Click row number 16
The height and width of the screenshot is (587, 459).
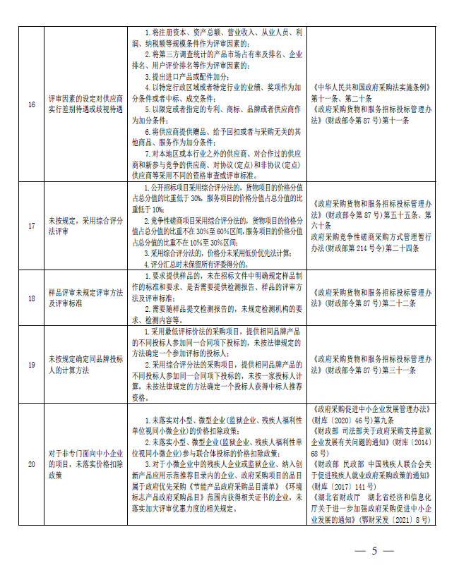coord(31,105)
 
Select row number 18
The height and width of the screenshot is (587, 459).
coord(31,298)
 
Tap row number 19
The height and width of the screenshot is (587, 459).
coord(31,363)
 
